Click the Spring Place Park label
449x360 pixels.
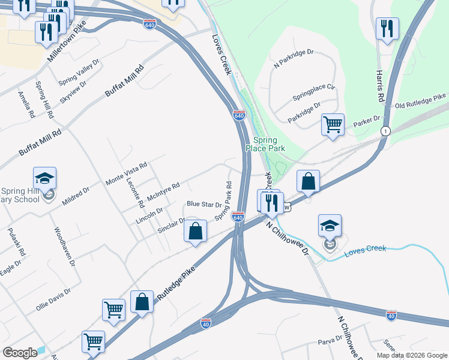click(x=264, y=144)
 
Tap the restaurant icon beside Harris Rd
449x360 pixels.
click(x=387, y=28)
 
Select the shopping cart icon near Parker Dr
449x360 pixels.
click(x=333, y=124)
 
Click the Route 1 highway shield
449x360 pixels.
click(x=385, y=131)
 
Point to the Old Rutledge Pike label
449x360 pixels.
click(x=421, y=101)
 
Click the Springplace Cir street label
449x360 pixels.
click(x=313, y=91)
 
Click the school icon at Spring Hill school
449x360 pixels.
click(x=44, y=178)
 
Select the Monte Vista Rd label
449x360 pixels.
click(x=126, y=173)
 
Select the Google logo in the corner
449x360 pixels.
click(x=20, y=353)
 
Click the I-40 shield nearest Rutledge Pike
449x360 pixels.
click(x=206, y=322)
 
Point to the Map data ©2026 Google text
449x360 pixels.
click(x=411, y=355)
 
